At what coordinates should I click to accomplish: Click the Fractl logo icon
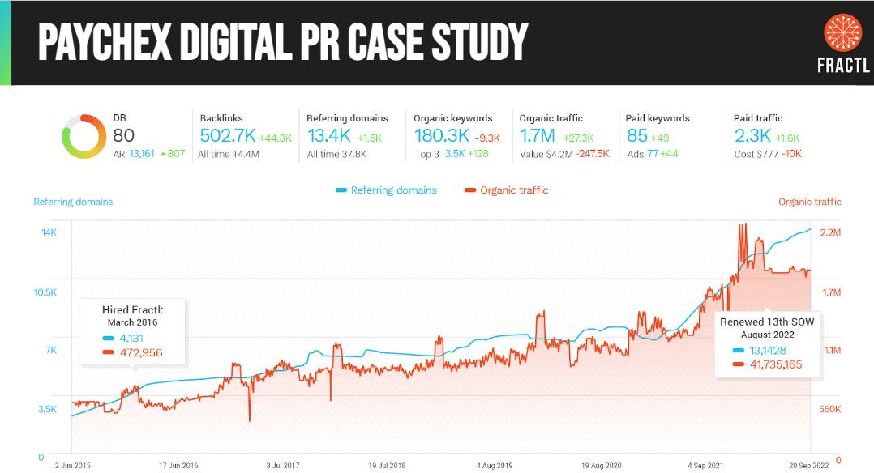pos(842,35)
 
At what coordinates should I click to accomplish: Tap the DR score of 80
pos(124,136)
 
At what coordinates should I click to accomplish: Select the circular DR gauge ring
pos(83,137)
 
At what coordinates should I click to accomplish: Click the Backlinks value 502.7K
pos(227,136)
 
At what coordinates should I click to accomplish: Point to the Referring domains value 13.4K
pos(328,136)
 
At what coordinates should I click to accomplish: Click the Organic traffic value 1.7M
pos(538,136)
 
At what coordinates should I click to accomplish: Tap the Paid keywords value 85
pos(636,136)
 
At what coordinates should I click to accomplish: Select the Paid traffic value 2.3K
pos(752,136)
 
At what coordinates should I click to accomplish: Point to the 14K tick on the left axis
pos(49,233)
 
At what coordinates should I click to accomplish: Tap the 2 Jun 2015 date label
pos(73,466)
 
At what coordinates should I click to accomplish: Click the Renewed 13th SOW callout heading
pos(767,322)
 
